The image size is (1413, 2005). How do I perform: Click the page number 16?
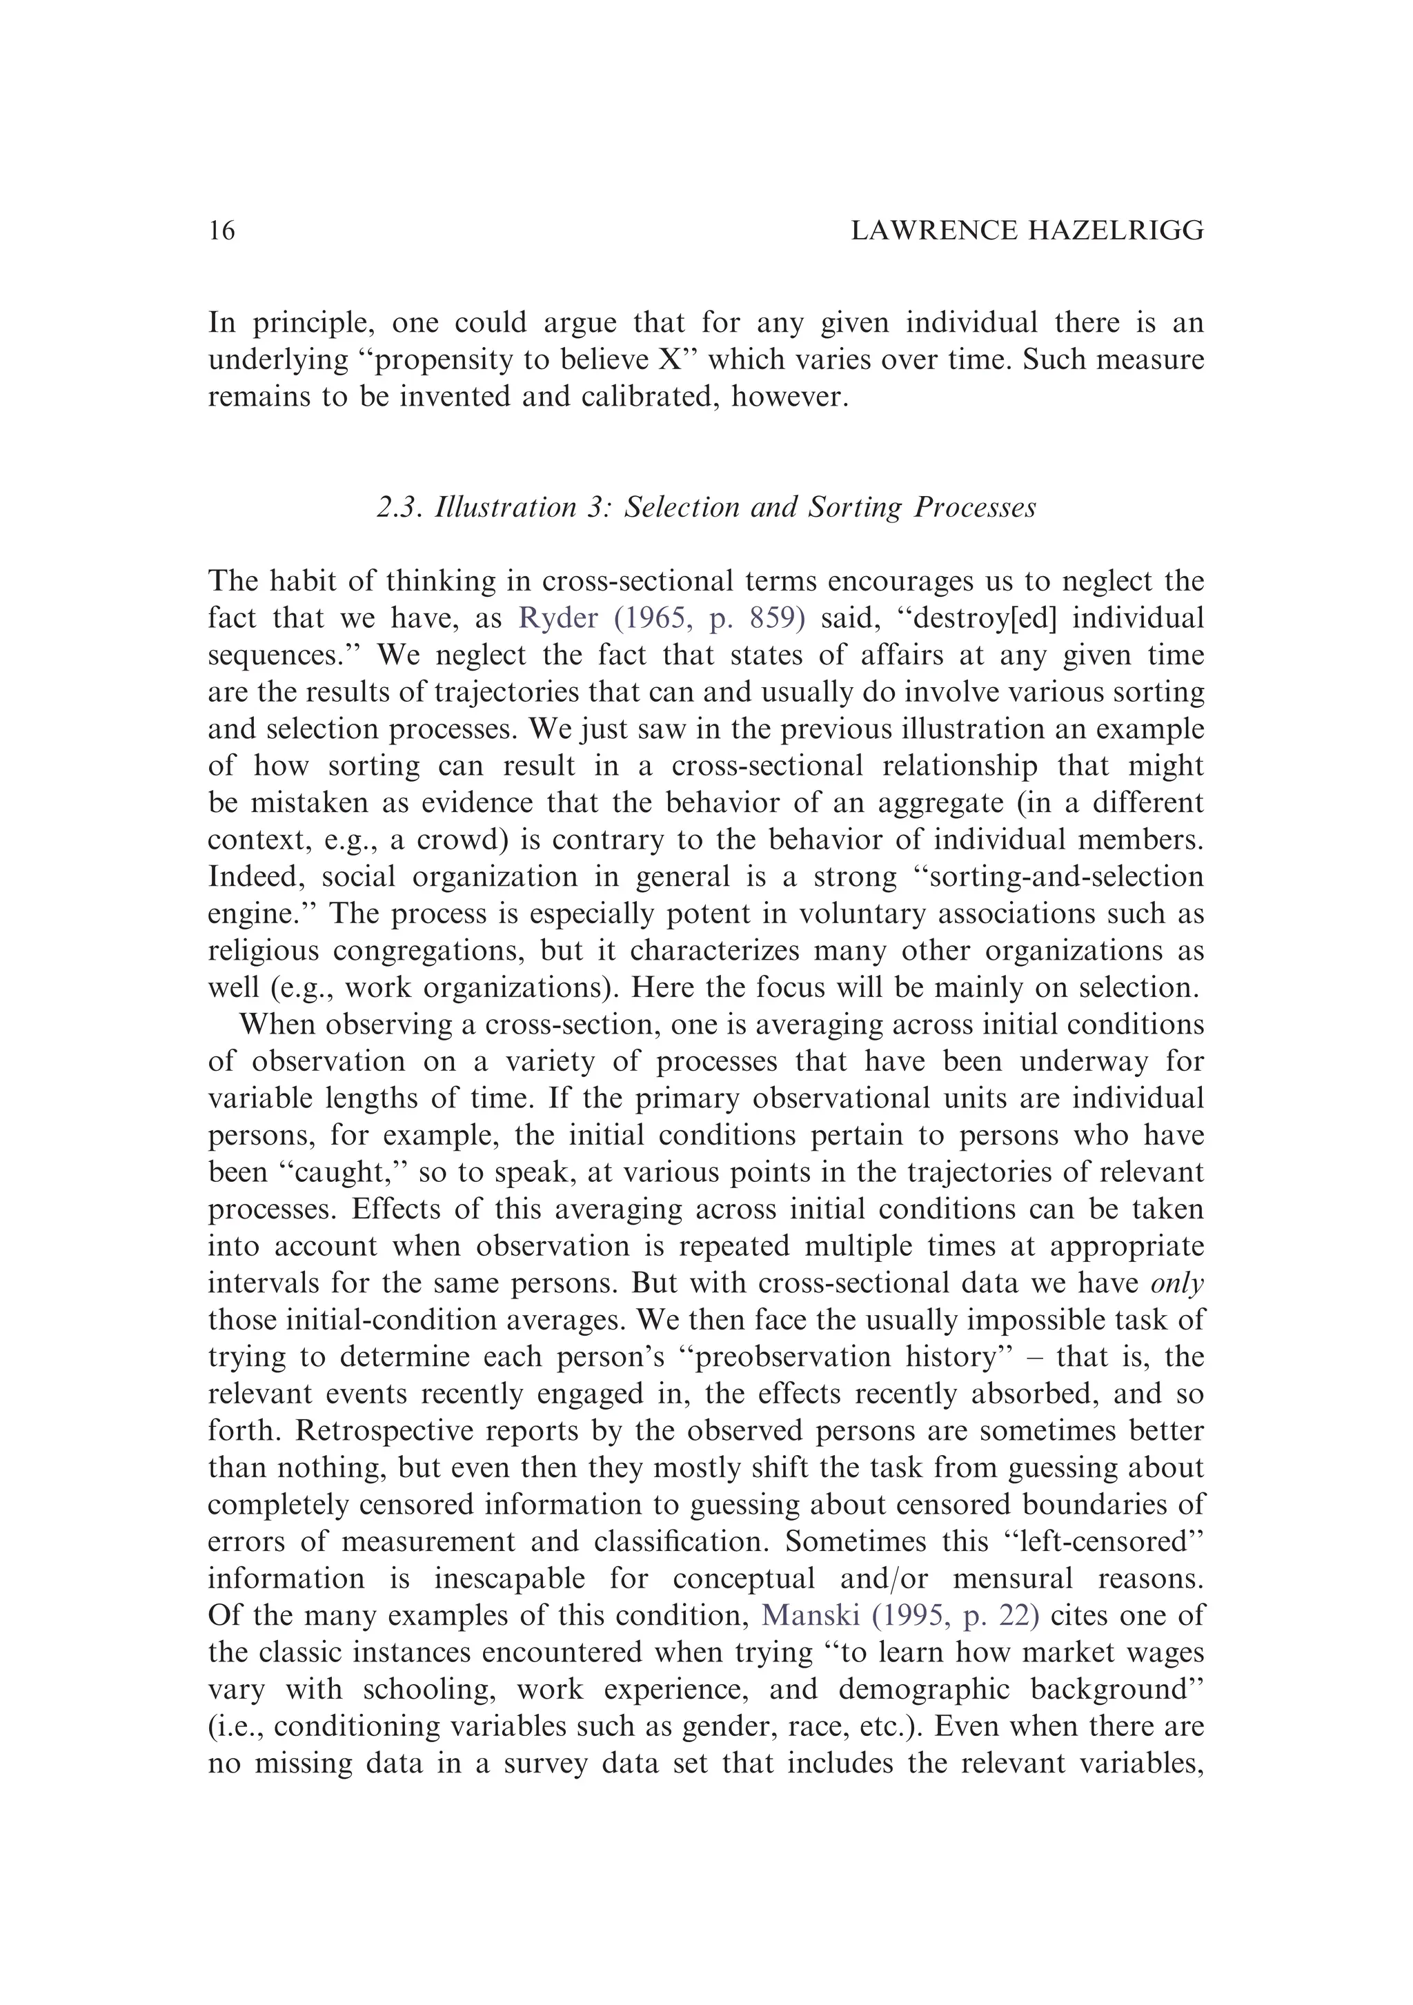pyautogui.click(x=222, y=231)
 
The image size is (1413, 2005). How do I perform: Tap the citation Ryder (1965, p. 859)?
pyautogui.click(x=661, y=618)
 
